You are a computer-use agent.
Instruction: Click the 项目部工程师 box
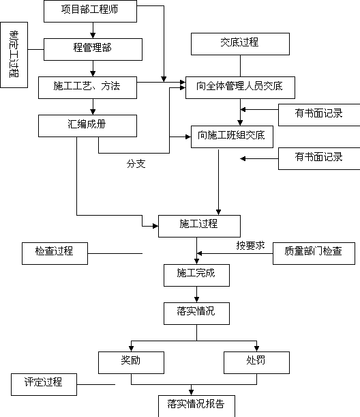pos(90,11)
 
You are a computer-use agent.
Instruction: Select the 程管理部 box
pos(93,49)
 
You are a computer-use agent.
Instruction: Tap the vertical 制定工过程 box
pos(14,55)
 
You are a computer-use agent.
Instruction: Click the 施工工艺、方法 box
pos(87,88)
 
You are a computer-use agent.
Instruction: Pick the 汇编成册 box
pos(87,126)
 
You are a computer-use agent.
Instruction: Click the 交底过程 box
pos(240,44)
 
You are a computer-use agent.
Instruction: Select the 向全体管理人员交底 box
pos(240,88)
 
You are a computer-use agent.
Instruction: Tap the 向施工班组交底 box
pos(232,137)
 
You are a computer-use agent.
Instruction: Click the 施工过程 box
pos(199,227)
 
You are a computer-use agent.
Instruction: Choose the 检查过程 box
pos(55,253)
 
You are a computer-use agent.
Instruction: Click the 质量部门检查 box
pos(314,253)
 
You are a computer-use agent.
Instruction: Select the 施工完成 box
pos(196,275)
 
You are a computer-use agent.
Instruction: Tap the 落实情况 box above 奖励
pos(196,313)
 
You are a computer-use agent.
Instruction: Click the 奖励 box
pos(131,363)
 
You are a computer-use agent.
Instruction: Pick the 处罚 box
pos(256,363)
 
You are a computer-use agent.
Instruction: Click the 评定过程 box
pos(44,384)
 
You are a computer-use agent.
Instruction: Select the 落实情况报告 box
pos(196,406)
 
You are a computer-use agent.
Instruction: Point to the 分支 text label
pos(136,164)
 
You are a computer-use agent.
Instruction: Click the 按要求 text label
pos(250,246)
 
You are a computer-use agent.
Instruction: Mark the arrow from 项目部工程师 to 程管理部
pos(93,30)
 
